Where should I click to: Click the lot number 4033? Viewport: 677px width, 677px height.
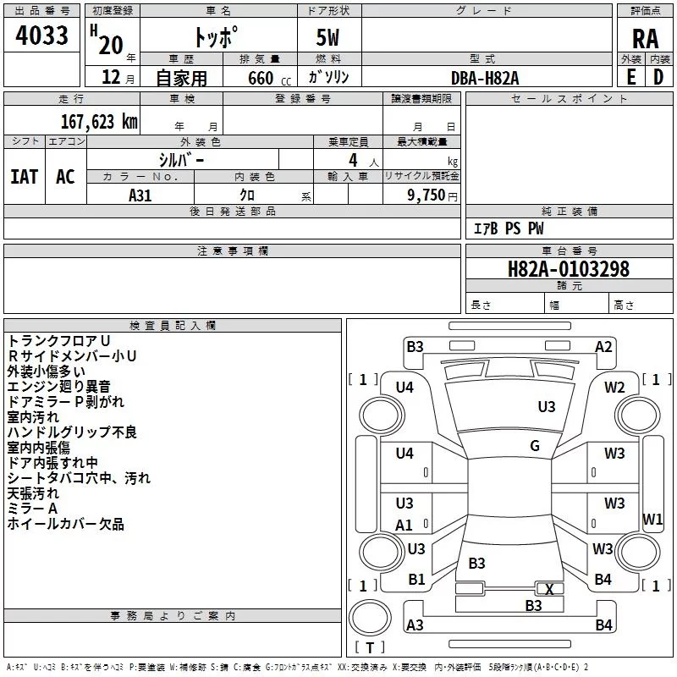pos(41,36)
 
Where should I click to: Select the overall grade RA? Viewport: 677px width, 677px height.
pos(646,39)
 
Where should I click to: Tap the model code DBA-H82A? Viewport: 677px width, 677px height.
pos(485,78)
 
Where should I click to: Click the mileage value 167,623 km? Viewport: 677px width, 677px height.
pos(99,122)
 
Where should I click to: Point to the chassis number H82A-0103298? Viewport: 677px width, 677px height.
pos(569,269)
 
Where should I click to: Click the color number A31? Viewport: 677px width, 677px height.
pos(140,195)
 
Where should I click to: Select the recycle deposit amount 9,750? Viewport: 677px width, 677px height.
pos(427,195)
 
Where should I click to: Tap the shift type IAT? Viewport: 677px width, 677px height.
pos(25,177)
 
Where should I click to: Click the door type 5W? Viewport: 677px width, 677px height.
pos(327,37)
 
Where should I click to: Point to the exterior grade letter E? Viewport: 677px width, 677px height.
pos(631,77)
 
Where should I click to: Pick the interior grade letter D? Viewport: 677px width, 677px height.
pos(658,77)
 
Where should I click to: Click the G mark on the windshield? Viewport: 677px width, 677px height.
pos(535,446)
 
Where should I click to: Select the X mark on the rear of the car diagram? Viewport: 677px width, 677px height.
pos(549,589)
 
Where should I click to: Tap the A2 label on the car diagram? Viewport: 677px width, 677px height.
pos(603,347)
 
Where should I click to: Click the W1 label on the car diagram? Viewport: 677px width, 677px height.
pos(652,519)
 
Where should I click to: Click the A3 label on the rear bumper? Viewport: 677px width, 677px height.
pos(415,625)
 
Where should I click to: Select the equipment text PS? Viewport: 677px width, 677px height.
pos(513,228)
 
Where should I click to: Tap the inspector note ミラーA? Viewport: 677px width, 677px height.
pos(32,509)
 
